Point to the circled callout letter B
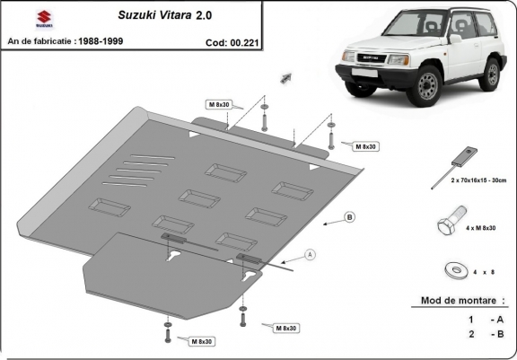point(349,217)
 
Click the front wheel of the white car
point(427,85)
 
